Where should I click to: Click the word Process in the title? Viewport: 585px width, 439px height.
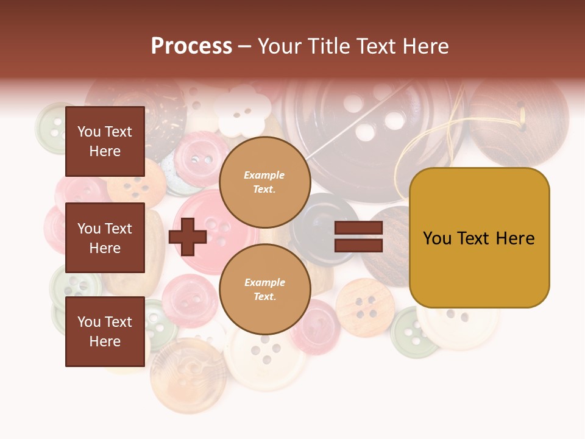191,46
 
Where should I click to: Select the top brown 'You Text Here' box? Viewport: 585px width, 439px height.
105,141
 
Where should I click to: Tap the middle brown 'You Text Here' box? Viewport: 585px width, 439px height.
105,238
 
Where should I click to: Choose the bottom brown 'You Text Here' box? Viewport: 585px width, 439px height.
105,331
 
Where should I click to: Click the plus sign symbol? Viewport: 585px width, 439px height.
188,237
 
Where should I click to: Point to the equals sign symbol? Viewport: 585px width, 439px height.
358,237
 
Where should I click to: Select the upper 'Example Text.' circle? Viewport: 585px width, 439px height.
264,182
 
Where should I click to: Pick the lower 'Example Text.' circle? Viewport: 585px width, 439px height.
264,289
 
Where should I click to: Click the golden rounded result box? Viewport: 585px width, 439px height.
479,238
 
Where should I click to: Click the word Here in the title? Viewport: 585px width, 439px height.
425,46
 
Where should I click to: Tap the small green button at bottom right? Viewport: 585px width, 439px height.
413,333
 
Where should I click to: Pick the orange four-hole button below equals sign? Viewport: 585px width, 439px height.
365,307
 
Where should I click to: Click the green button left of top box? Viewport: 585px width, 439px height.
52,127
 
